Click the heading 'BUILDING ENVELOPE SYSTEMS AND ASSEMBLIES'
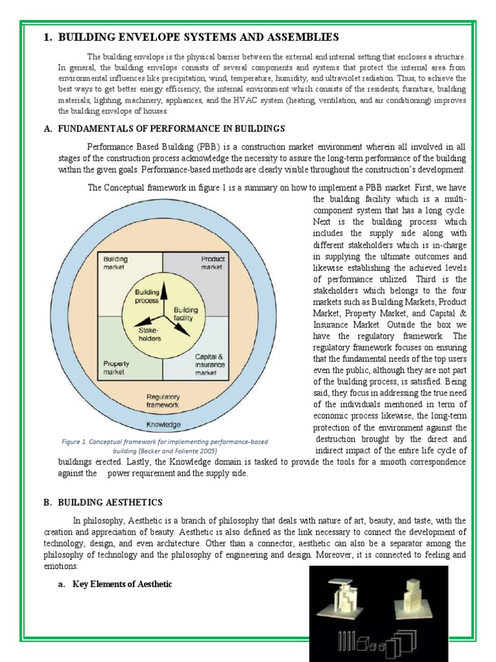point(198,37)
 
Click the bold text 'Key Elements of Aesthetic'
point(122,584)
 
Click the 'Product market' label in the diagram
point(211,262)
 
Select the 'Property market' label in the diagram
point(117,368)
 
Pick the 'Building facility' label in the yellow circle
point(187,314)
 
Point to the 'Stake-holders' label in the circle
point(150,334)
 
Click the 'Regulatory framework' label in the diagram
point(163,400)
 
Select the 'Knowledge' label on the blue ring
point(163,425)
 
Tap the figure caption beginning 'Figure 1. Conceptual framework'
point(164,446)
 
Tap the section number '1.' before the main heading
point(48,37)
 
